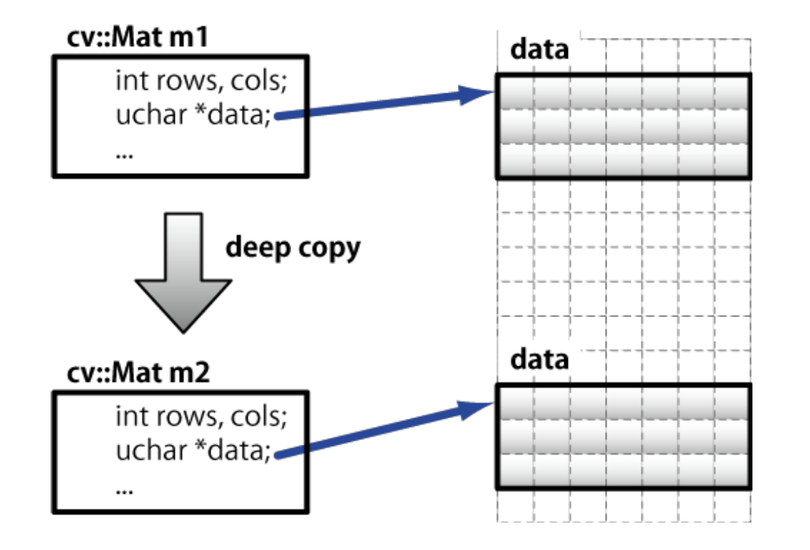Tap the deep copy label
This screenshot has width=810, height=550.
(292, 248)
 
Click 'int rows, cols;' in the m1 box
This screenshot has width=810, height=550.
(202, 82)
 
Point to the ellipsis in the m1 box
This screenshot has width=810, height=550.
(124, 153)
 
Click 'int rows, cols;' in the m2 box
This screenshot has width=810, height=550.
(202, 417)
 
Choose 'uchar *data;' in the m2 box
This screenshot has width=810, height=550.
(193, 450)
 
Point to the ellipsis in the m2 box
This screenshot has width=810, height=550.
(124, 488)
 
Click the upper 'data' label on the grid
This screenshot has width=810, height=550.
(539, 51)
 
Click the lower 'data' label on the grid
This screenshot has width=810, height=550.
(539, 360)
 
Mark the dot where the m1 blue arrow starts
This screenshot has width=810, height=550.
(278, 119)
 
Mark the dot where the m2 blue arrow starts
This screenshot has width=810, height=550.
(278, 456)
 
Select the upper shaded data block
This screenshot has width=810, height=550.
(623, 126)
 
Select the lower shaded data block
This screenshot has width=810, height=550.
(623, 436)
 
